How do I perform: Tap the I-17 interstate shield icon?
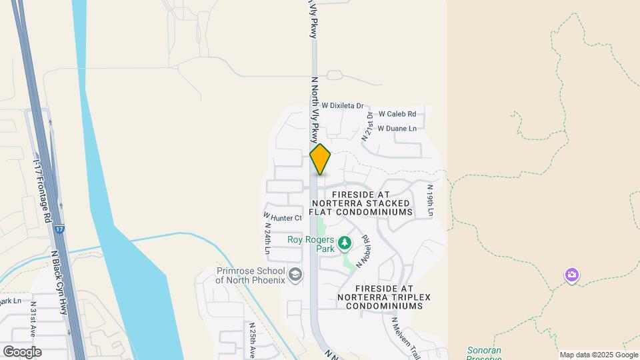(x=60, y=229)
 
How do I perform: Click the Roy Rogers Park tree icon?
(x=345, y=243)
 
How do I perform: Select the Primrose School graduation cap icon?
(x=295, y=273)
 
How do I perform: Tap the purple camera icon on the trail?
(x=571, y=275)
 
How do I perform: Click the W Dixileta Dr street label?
(x=343, y=105)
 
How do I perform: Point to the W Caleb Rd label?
(x=397, y=114)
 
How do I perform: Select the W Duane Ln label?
(x=397, y=128)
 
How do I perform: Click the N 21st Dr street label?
(x=367, y=126)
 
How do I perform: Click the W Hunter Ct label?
(x=283, y=217)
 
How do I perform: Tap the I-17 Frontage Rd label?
(x=41, y=193)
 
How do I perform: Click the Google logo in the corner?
(x=22, y=352)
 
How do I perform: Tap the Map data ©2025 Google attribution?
(x=598, y=355)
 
